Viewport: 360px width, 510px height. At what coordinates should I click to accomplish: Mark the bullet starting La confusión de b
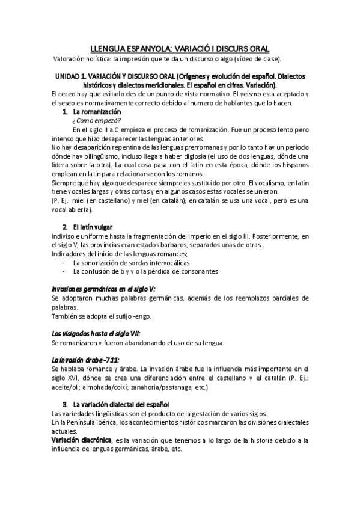pyautogui.click(x=145, y=271)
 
